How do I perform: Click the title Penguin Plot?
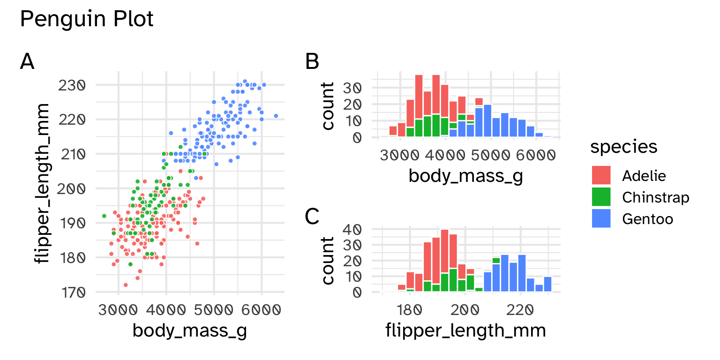pos(87,19)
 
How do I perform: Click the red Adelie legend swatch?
pos(601,175)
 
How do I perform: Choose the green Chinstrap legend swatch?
pos(601,197)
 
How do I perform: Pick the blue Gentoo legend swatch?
pos(601,218)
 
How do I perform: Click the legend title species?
pos(623,147)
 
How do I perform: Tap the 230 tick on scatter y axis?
pos(71,85)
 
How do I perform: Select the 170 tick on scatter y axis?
pos(71,292)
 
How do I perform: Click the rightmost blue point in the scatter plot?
pos(276,116)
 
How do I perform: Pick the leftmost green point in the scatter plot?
pos(104,216)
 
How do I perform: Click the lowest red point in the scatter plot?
pos(125,285)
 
